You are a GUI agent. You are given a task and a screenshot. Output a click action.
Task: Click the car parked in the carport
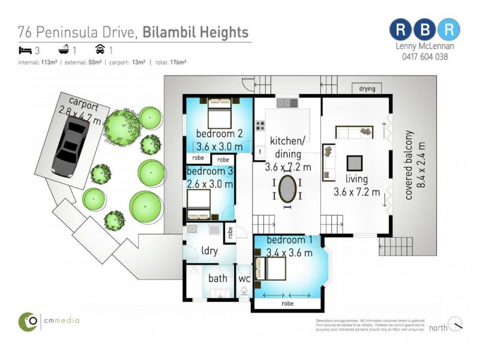73,146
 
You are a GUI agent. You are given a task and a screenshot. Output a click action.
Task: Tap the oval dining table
287,189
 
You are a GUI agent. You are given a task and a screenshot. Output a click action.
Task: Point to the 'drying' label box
367,89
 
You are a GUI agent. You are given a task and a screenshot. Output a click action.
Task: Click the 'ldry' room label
209,250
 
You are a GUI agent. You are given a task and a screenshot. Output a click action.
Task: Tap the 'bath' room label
217,278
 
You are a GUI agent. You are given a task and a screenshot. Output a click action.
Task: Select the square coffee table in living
355,163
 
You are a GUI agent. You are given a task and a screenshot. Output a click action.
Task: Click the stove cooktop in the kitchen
261,126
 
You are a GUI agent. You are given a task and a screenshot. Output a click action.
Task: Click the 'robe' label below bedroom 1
288,304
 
